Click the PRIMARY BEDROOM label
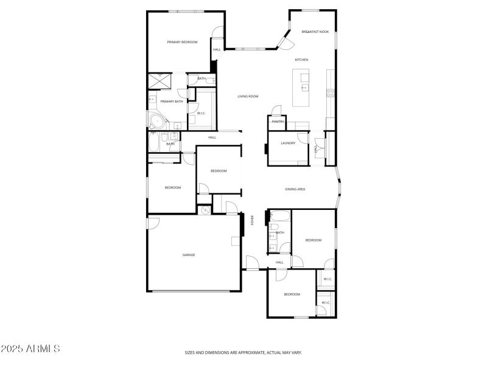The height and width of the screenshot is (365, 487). [183, 42]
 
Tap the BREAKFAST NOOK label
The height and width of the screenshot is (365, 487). [315, 32]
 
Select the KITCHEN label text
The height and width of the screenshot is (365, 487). [301, 60]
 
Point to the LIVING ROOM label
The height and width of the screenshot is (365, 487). [248, 97]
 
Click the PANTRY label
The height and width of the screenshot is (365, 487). [278, 122]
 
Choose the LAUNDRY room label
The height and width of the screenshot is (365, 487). [288, 143]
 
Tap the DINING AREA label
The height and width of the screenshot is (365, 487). [295, 189]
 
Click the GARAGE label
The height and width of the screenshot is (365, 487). [189, 255]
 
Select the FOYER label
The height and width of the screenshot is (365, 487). [253, 220]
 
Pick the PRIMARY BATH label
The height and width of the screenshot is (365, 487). [172, 102]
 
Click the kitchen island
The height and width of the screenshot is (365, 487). [301, 88]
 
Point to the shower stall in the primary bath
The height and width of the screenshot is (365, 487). [161, 82]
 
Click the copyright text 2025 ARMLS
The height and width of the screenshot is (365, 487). [30, 349]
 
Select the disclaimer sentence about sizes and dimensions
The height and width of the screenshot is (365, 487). [243, 352]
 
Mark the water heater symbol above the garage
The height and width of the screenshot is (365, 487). [205, 210]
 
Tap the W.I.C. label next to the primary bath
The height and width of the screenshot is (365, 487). [200, 113]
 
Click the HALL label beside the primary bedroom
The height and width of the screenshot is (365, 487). [217, 50]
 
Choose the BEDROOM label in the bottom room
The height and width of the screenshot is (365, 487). [292, 294]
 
